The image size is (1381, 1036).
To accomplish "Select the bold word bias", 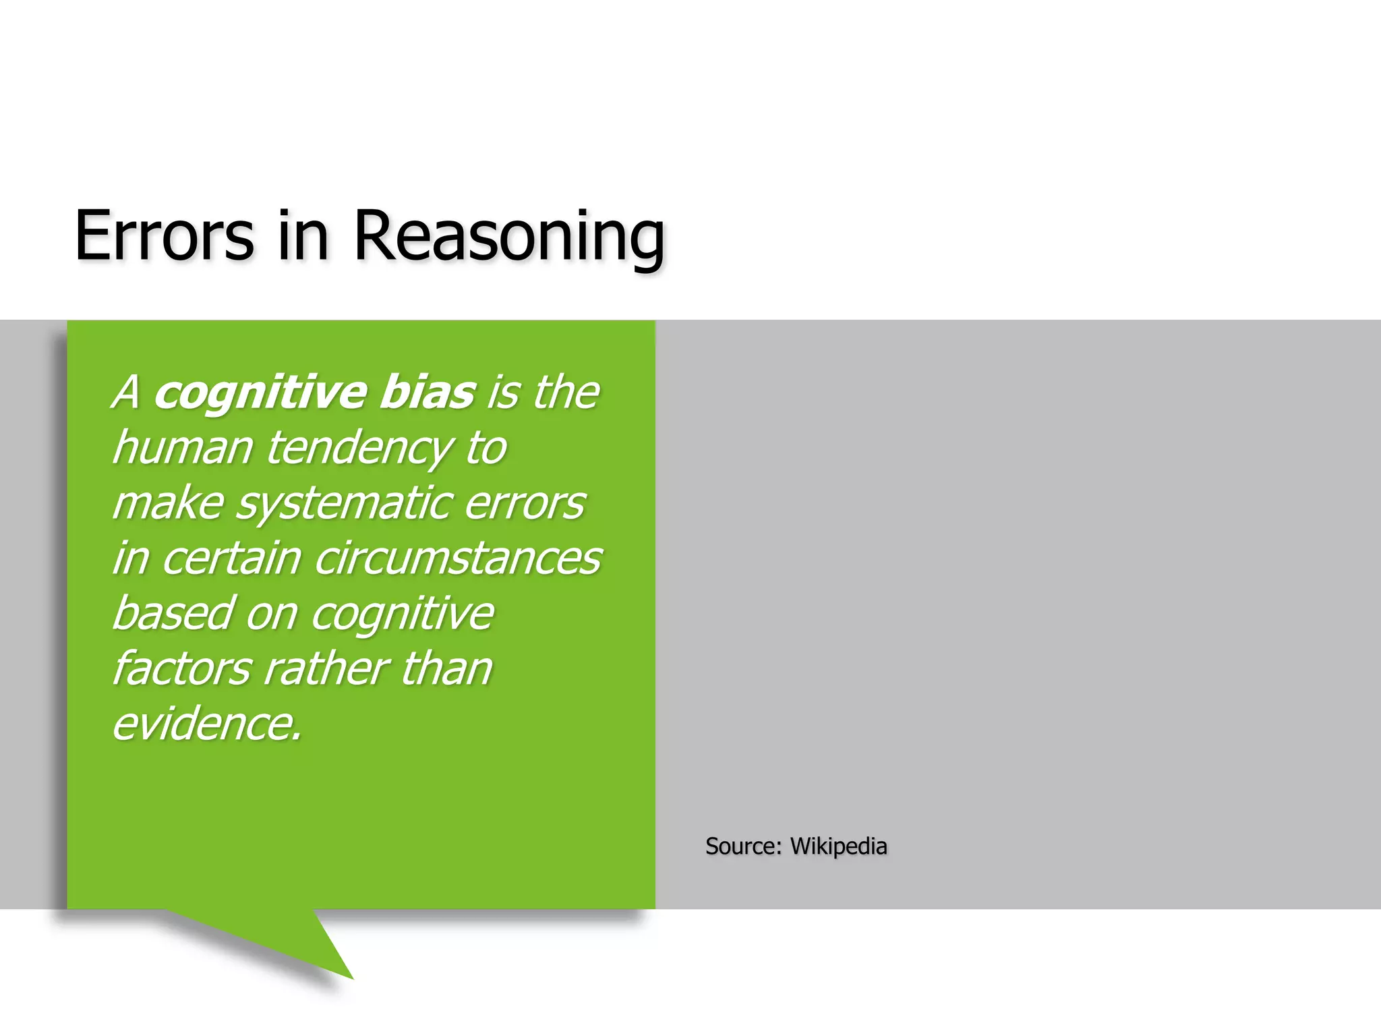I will tap(428, 392).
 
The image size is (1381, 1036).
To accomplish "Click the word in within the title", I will tap(303, 235).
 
